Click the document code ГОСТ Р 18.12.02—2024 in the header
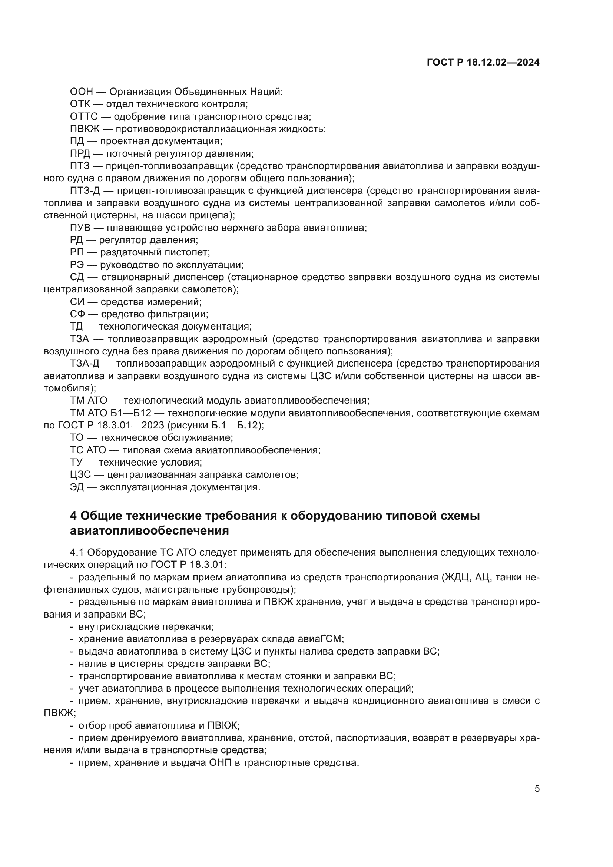coord(483,63)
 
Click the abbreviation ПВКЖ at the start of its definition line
coord(84,129)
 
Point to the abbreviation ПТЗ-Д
coord(85,191)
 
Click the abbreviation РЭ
coord(77,265)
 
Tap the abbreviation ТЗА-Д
coord(85,364)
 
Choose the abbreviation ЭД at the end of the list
coord(77,487)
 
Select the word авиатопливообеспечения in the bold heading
coord(149,531)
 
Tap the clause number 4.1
coord(76,553)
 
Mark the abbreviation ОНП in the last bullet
coord(218,763)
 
